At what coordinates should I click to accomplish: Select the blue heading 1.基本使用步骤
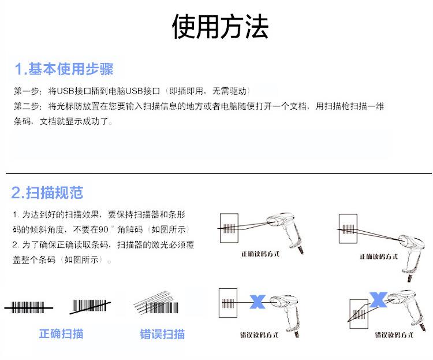click(64, 69)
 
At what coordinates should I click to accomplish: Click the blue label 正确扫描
click(61, 333)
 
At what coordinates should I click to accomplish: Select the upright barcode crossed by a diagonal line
click(90, 306)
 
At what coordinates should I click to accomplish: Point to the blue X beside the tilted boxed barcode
click(378, 299)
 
